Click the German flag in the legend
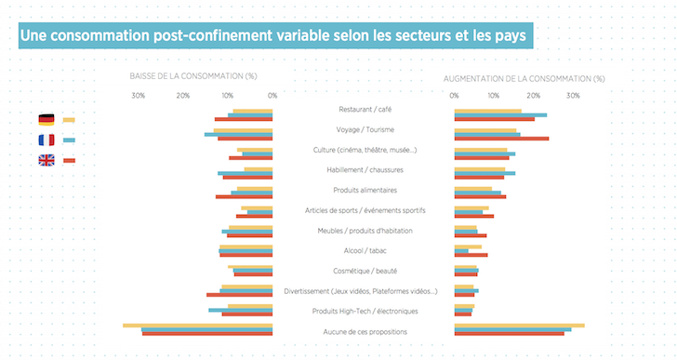[46, 120]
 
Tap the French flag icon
[46, 140]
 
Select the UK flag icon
[46, 161]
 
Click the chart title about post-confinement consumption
[269, 36]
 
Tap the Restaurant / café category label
[364, 110]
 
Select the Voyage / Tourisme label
[364, 130]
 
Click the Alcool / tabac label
[364, 251]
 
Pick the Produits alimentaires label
[364, 191]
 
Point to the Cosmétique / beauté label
[364, 271]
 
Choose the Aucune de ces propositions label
[364, 332]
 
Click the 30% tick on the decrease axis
[138, 96]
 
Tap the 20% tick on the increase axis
[534, 96]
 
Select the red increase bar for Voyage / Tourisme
[501, 139]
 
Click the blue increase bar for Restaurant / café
[500, 114]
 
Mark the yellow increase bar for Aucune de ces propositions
[519, 326]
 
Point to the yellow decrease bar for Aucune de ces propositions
[197, 326]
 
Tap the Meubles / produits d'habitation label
[364, 231]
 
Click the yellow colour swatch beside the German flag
[69, 120]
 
